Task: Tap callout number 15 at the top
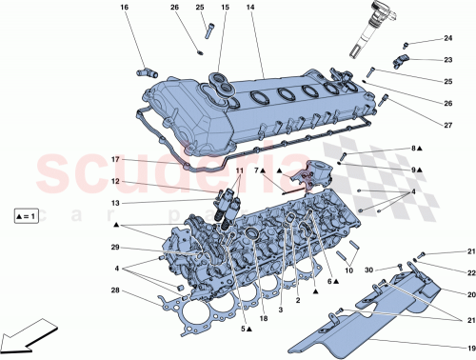coord(225,9)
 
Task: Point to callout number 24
coord(447,39)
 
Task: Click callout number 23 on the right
coord(447,59)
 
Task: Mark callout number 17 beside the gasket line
coord(113,158)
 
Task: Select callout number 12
coord(113,181)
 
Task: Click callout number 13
coord(113,203)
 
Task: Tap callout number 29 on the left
coord(113,248)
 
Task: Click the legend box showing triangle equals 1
coord(28,217)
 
